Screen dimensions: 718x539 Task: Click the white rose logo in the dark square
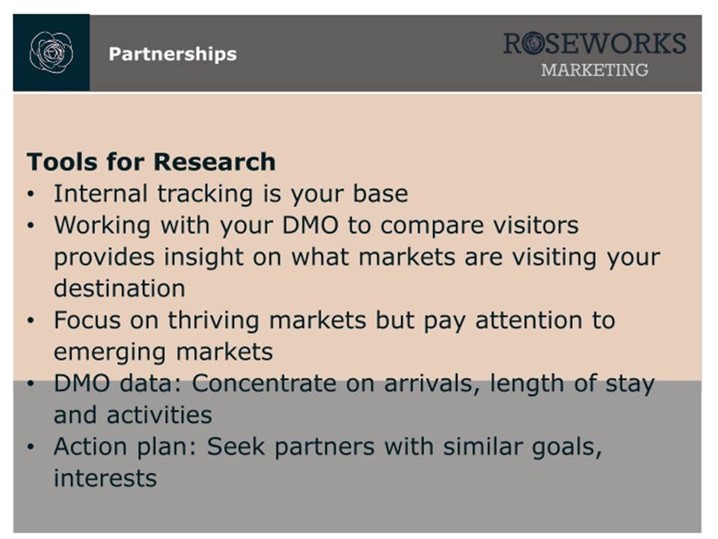[52, 52]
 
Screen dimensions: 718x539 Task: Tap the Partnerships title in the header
[173, 54]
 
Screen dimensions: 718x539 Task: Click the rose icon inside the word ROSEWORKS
[533, 43]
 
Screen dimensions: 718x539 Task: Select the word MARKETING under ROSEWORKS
[595, 70]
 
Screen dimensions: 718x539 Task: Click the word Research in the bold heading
[215, 162]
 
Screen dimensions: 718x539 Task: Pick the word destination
[120, 288]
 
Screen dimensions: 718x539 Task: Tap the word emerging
[110, 353]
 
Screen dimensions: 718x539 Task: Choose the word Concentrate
[264, 383]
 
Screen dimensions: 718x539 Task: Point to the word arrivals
[433, 383]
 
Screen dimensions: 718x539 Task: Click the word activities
[159, 415]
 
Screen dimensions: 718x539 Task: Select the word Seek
[236, 446]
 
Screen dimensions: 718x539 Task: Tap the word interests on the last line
[105, 478]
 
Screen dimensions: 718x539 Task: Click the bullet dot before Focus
[31, 320]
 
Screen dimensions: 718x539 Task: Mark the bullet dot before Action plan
[31, 447]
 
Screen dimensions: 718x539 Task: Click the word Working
[102, 226]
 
